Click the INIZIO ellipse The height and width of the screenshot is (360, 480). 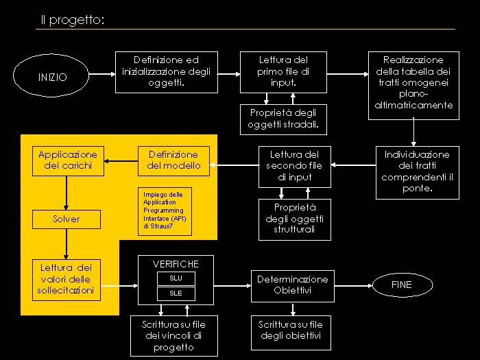[53, 77]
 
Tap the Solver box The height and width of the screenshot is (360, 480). [66, 219]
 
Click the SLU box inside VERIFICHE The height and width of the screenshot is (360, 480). [176, 278]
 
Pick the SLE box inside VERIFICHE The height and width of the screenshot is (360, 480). [176, 293]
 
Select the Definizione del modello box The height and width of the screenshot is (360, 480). [173, 160]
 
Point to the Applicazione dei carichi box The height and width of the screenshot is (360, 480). [68, 160]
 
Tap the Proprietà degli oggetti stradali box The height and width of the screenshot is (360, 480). [284, 119]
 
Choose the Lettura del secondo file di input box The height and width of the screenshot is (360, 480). [294, 166]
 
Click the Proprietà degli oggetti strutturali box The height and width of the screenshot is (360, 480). [294, 219]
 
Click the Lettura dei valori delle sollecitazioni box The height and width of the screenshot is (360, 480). [66, 279]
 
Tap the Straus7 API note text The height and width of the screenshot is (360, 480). [165, 210]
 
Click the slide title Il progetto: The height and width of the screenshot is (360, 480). [72, 21]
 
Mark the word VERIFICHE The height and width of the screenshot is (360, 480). [176, 263]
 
